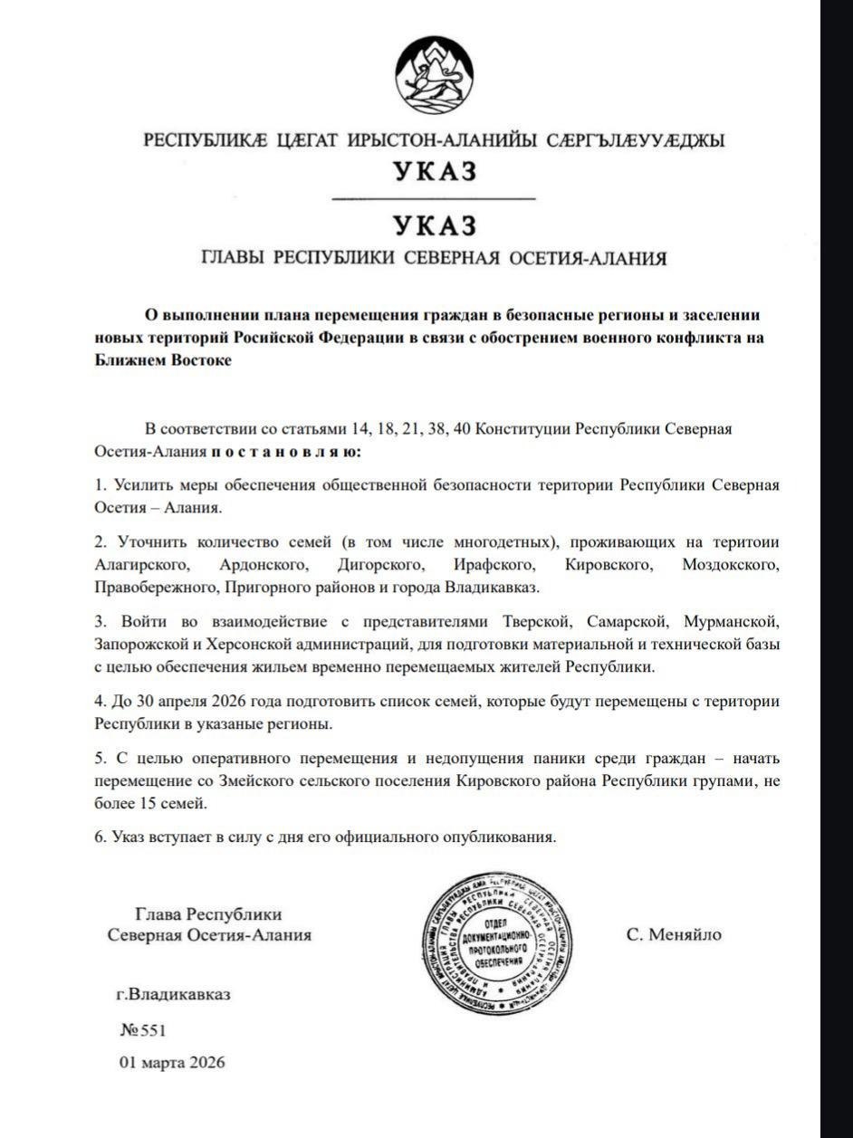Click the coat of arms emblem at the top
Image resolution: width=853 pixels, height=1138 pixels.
click(x=434, y=76)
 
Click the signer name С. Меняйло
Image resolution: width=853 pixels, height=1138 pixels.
click(x=674, y=934)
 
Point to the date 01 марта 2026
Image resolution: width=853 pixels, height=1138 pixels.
click(x=172, y=1062)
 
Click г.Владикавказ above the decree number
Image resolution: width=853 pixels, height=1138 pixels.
click(x=173, y=994)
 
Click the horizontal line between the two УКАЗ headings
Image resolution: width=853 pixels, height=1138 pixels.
click(x=434, y=198)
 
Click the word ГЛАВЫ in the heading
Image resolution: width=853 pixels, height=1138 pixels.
click(x=233, y=258)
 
